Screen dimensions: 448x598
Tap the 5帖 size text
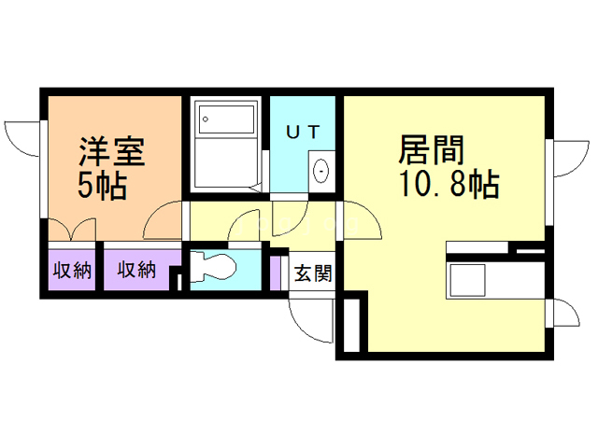point(102,186)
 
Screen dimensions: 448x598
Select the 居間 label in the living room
point(431,148)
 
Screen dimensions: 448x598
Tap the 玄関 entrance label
point(313,273)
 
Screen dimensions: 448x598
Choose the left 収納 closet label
point(71,272)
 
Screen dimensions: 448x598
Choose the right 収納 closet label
point(136,272)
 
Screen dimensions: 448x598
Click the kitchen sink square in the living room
point(466,279)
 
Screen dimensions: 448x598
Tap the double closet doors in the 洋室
point(71,230)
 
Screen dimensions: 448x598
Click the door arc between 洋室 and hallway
point(166,220)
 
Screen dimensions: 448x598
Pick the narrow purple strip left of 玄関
point(276,272)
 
